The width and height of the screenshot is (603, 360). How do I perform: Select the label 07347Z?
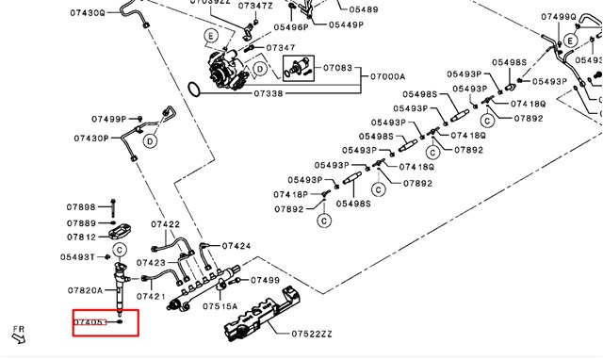pos(254,6)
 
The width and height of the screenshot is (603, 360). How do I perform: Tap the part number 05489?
pos(363,9)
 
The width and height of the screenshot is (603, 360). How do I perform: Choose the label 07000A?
pos(387,76)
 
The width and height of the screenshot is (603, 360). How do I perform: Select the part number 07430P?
pos(92,139)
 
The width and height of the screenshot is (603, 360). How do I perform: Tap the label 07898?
pos(81,206)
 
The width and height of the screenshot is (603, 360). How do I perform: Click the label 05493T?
pos(77,257)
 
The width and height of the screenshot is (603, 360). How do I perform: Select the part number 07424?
pos(236,246)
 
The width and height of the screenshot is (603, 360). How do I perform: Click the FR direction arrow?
pos(17,333)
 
